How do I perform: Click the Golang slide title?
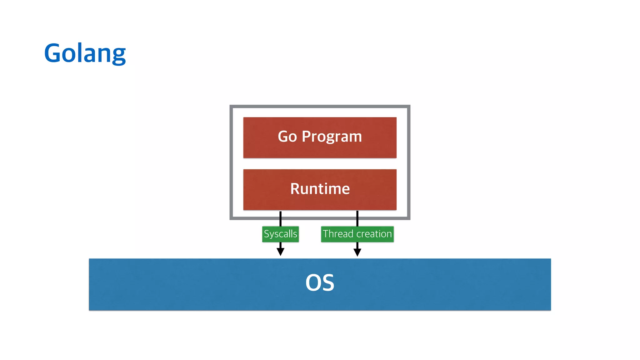point(85,53)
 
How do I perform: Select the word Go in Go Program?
point(287,137)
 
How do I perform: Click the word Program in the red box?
point(332,137)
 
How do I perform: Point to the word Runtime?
point(320,189)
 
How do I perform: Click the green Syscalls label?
point(280,234)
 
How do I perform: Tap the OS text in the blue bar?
point(320,283)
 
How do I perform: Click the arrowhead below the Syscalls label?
point(281,252)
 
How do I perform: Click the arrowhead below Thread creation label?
point(357,252)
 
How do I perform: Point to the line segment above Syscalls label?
point(281,218)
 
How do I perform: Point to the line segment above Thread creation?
point(357,218)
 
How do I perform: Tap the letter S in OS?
point(328,283)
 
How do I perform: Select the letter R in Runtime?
point(295,189)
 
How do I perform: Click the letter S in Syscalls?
point(267,234)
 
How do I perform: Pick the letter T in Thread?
point(326,234)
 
